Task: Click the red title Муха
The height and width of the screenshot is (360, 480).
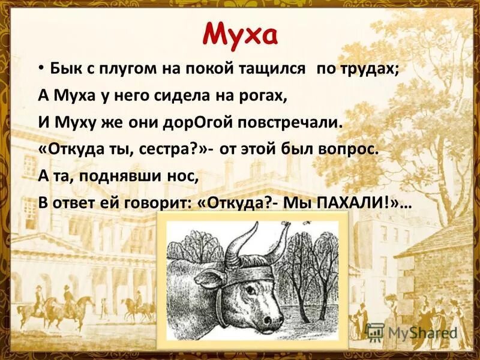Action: click(x=240, y=34)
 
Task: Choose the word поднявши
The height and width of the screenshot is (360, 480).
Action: click(x=113, y=176)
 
